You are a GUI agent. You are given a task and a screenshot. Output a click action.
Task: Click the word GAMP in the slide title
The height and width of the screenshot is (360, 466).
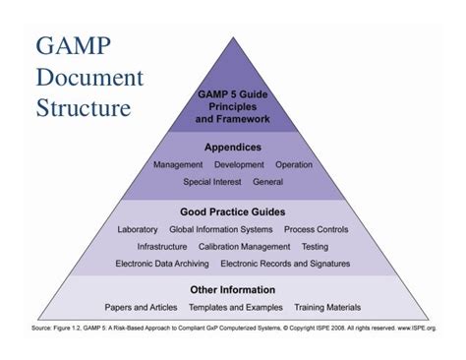74,46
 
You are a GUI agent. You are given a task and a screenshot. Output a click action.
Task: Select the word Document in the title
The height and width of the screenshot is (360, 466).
89,77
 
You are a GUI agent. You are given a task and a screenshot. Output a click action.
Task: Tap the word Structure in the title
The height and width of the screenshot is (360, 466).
84,107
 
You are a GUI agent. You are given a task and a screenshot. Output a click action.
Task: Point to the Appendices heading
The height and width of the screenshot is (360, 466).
232,147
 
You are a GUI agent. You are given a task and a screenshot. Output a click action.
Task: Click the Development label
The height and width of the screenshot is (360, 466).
239,165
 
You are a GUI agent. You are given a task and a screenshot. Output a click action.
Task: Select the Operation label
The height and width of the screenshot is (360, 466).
294,165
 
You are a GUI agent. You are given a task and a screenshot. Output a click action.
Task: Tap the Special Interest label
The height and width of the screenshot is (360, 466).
213,182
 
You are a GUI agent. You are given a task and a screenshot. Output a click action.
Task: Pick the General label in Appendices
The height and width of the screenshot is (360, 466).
267,182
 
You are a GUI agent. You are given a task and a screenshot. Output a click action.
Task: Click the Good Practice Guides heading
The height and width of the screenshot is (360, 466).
233,211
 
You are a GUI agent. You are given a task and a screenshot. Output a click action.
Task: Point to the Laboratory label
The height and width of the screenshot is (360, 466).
138,229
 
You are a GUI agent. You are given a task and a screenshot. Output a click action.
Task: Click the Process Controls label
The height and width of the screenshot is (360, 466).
315,229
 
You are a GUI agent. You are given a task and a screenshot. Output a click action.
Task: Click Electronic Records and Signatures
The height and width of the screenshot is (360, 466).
285,264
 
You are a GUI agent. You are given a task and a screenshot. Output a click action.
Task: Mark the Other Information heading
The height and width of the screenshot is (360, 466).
233,290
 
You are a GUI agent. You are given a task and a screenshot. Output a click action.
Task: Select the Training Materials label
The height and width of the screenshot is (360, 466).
327,308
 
